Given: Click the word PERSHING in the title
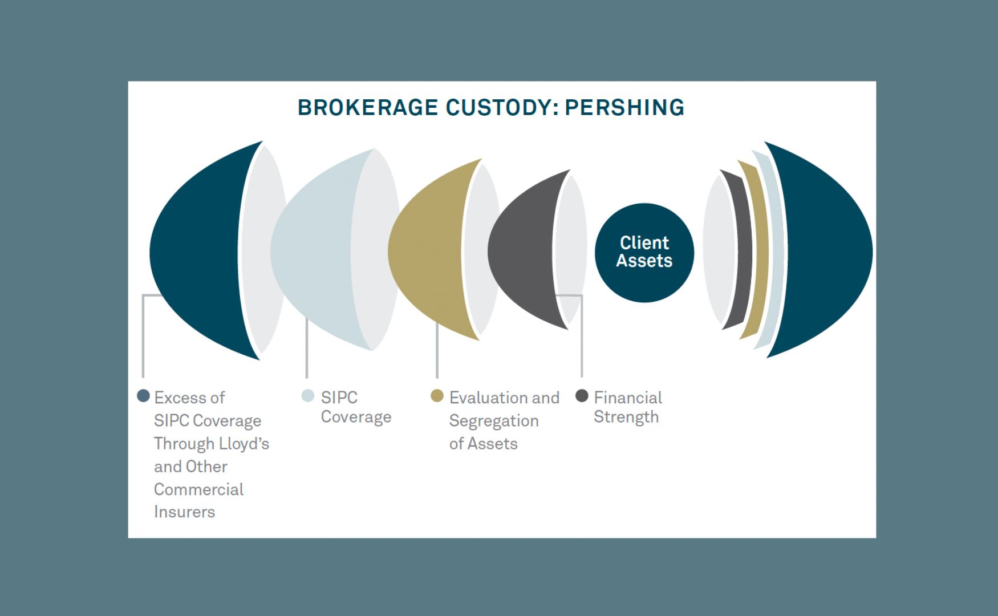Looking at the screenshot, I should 624,108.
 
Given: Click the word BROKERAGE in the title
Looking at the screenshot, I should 367,108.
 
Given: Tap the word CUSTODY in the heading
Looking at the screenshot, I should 498,108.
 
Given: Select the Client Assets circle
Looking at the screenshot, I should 644,252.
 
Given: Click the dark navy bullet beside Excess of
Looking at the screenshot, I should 144,396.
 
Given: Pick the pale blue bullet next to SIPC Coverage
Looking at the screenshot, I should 308,396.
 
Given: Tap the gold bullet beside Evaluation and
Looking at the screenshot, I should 437,396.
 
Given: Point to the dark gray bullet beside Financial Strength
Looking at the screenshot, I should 582,396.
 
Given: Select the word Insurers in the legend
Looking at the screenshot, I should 184,512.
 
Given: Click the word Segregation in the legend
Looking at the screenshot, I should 494,421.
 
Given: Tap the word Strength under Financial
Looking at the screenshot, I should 626,417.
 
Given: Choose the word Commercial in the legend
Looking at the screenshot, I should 198,489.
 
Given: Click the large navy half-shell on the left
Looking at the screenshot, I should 197,251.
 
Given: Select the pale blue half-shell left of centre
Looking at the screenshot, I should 311,251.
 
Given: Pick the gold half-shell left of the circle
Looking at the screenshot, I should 425,251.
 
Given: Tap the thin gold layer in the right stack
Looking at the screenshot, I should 760,251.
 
